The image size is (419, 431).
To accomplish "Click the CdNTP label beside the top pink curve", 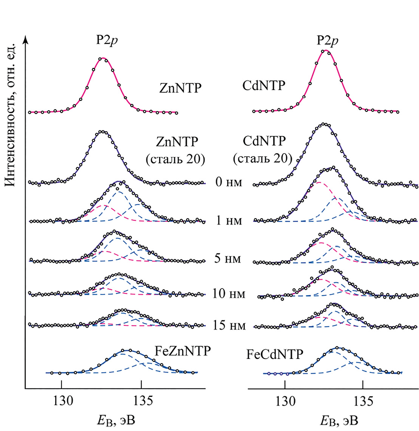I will coord(263,86).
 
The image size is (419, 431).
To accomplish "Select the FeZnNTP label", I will coord(182,351).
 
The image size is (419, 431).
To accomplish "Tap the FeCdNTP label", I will coord(275,354).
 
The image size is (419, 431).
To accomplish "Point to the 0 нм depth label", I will coord(229,182).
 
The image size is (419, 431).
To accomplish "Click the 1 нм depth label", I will coord(229,220).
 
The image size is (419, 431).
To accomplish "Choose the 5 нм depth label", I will coord(227,259).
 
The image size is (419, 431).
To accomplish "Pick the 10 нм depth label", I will coord(229,293).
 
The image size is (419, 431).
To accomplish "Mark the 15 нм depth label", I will coord(229,325).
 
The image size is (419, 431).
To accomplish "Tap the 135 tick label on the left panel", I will coord(141,401).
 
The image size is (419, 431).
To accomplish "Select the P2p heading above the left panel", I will coord(106,40).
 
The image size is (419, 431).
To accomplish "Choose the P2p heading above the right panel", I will coord(327,40).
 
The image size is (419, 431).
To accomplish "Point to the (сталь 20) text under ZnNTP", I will coord(175,159).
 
